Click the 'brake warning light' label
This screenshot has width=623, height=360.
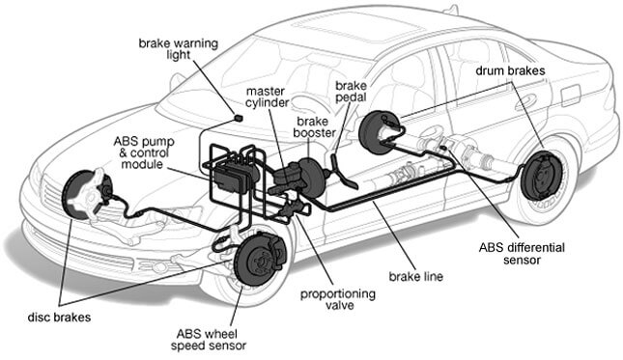tap(179, 49)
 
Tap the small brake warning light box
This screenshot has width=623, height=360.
tap(238, 118)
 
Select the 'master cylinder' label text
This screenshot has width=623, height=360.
tap(267, 97)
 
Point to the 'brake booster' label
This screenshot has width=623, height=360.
tap(315, 127)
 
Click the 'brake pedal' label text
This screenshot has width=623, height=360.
tap(351, 92)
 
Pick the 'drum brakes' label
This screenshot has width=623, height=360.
tap(510, 71)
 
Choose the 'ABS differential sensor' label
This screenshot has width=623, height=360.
tap(522, 254)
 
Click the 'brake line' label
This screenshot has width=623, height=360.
tap(415, 276)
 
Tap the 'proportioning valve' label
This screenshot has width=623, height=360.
tap(338, 299)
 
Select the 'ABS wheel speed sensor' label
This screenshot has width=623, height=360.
tap(209, 340)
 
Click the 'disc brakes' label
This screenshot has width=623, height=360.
tap(59, 318)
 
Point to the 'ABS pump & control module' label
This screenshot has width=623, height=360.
tap(144, 152)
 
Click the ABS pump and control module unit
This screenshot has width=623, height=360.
tap(234, 175)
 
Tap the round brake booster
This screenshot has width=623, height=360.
tap(312, 178)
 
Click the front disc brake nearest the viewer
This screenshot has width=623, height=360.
tap(260, 259)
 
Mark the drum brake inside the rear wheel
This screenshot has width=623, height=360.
tap(542, 176)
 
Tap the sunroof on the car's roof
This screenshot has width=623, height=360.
tap(356, 31)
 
